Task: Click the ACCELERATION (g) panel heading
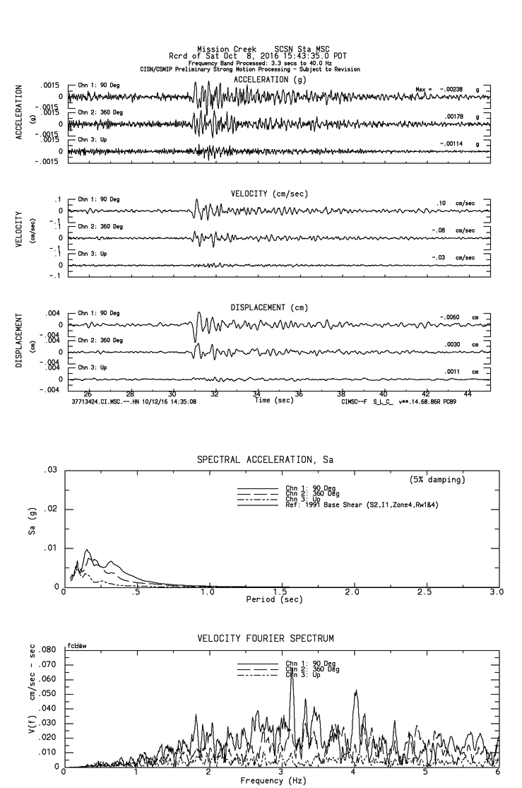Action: pyautogui.click(x=271, y=80)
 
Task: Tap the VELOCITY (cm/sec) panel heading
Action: pyautogui.click(x=269, y=194)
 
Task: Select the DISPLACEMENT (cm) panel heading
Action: pyautogui.click(x=268, y=307)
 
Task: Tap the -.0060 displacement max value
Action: pyautogui.click(x=450, y=317)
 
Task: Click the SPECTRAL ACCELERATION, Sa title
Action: pyautogui.click(x=265, y=459)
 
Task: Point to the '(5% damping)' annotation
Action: pyautogui.click(x=437, y=480)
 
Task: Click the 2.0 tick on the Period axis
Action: pyautogui.click(x=352, y=592)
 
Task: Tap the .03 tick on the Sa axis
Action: pyautogui.click(x=50, y=470)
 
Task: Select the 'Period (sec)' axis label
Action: pyautogui.click(x=274, y=599)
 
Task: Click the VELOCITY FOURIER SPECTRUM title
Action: pyautogui.click(x=266, y=639)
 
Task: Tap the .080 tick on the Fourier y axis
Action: pyautogui.click(x=46, y=649)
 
